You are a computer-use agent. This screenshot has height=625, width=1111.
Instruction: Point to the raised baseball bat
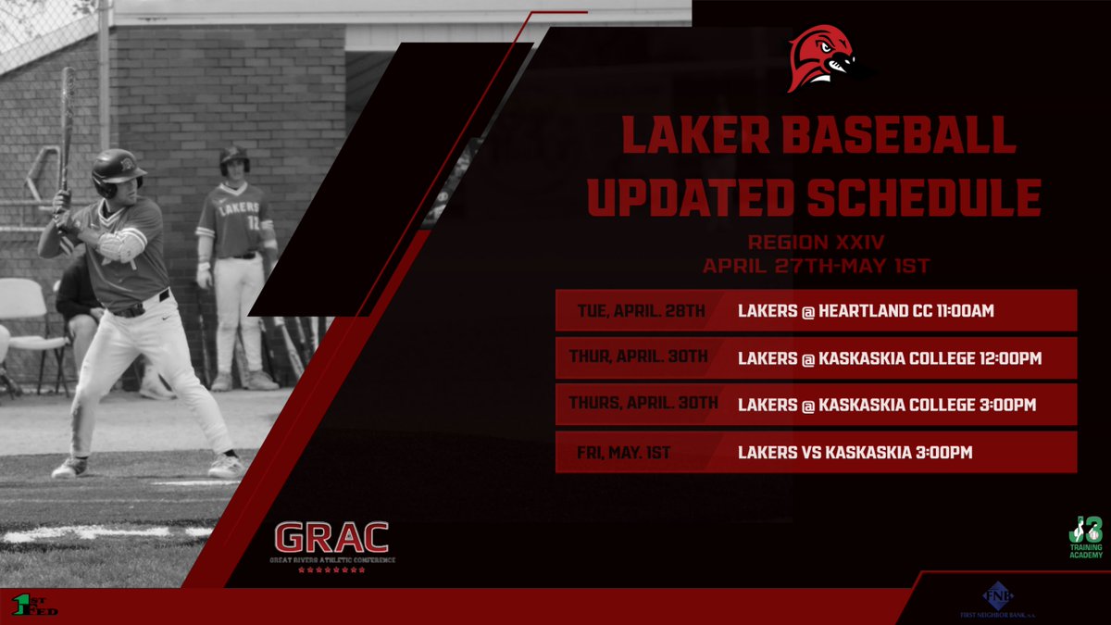[67, 130]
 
